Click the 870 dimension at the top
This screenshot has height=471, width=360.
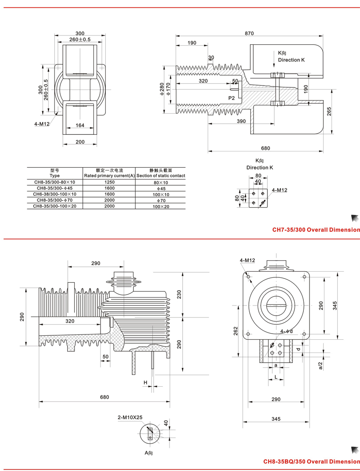pyautogui.click(x=249, y=33)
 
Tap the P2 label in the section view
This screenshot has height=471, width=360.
pyautogui.click(x=231, y=97)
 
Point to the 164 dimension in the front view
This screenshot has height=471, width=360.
pyautogui.click(x=80, y=126)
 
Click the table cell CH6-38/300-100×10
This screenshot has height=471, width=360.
pyautogui.click(x=55, y=194)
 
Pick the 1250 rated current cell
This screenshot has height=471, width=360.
pyautogui.click(x=109, y=182)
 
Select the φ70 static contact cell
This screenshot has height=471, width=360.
pyautogui.click(x=161, y=200)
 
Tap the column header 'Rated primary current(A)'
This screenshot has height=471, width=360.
pyautogui.click(x=109, y=176)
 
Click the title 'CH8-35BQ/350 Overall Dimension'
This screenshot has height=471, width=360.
pyautogui.click(x=312, y=461)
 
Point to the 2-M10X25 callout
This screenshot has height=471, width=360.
pyautogui.click(x=130, y=417)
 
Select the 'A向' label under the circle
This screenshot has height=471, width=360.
pyautogui.click(x=151, y=452)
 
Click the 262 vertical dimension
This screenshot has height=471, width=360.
pyautogui.click(x=236, y=330)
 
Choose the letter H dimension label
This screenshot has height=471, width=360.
pyautogui.click(x=145, y=383)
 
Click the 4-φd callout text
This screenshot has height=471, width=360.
pyautogui.click(x=286, y=331)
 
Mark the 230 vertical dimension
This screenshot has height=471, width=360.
pyautogui.click(x=179, y=294)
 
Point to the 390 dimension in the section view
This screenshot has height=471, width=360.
pyautogui.click(x=241, y=121)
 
